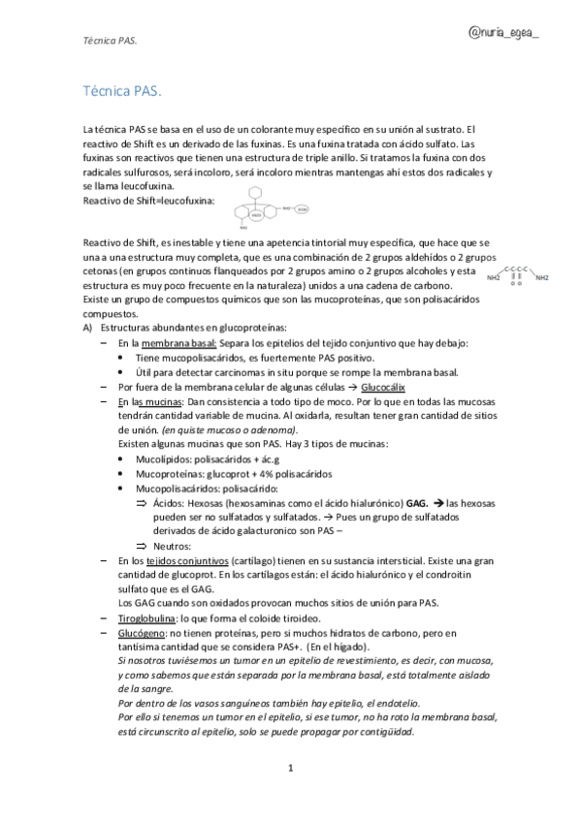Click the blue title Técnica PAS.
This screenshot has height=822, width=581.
(123, 90)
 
